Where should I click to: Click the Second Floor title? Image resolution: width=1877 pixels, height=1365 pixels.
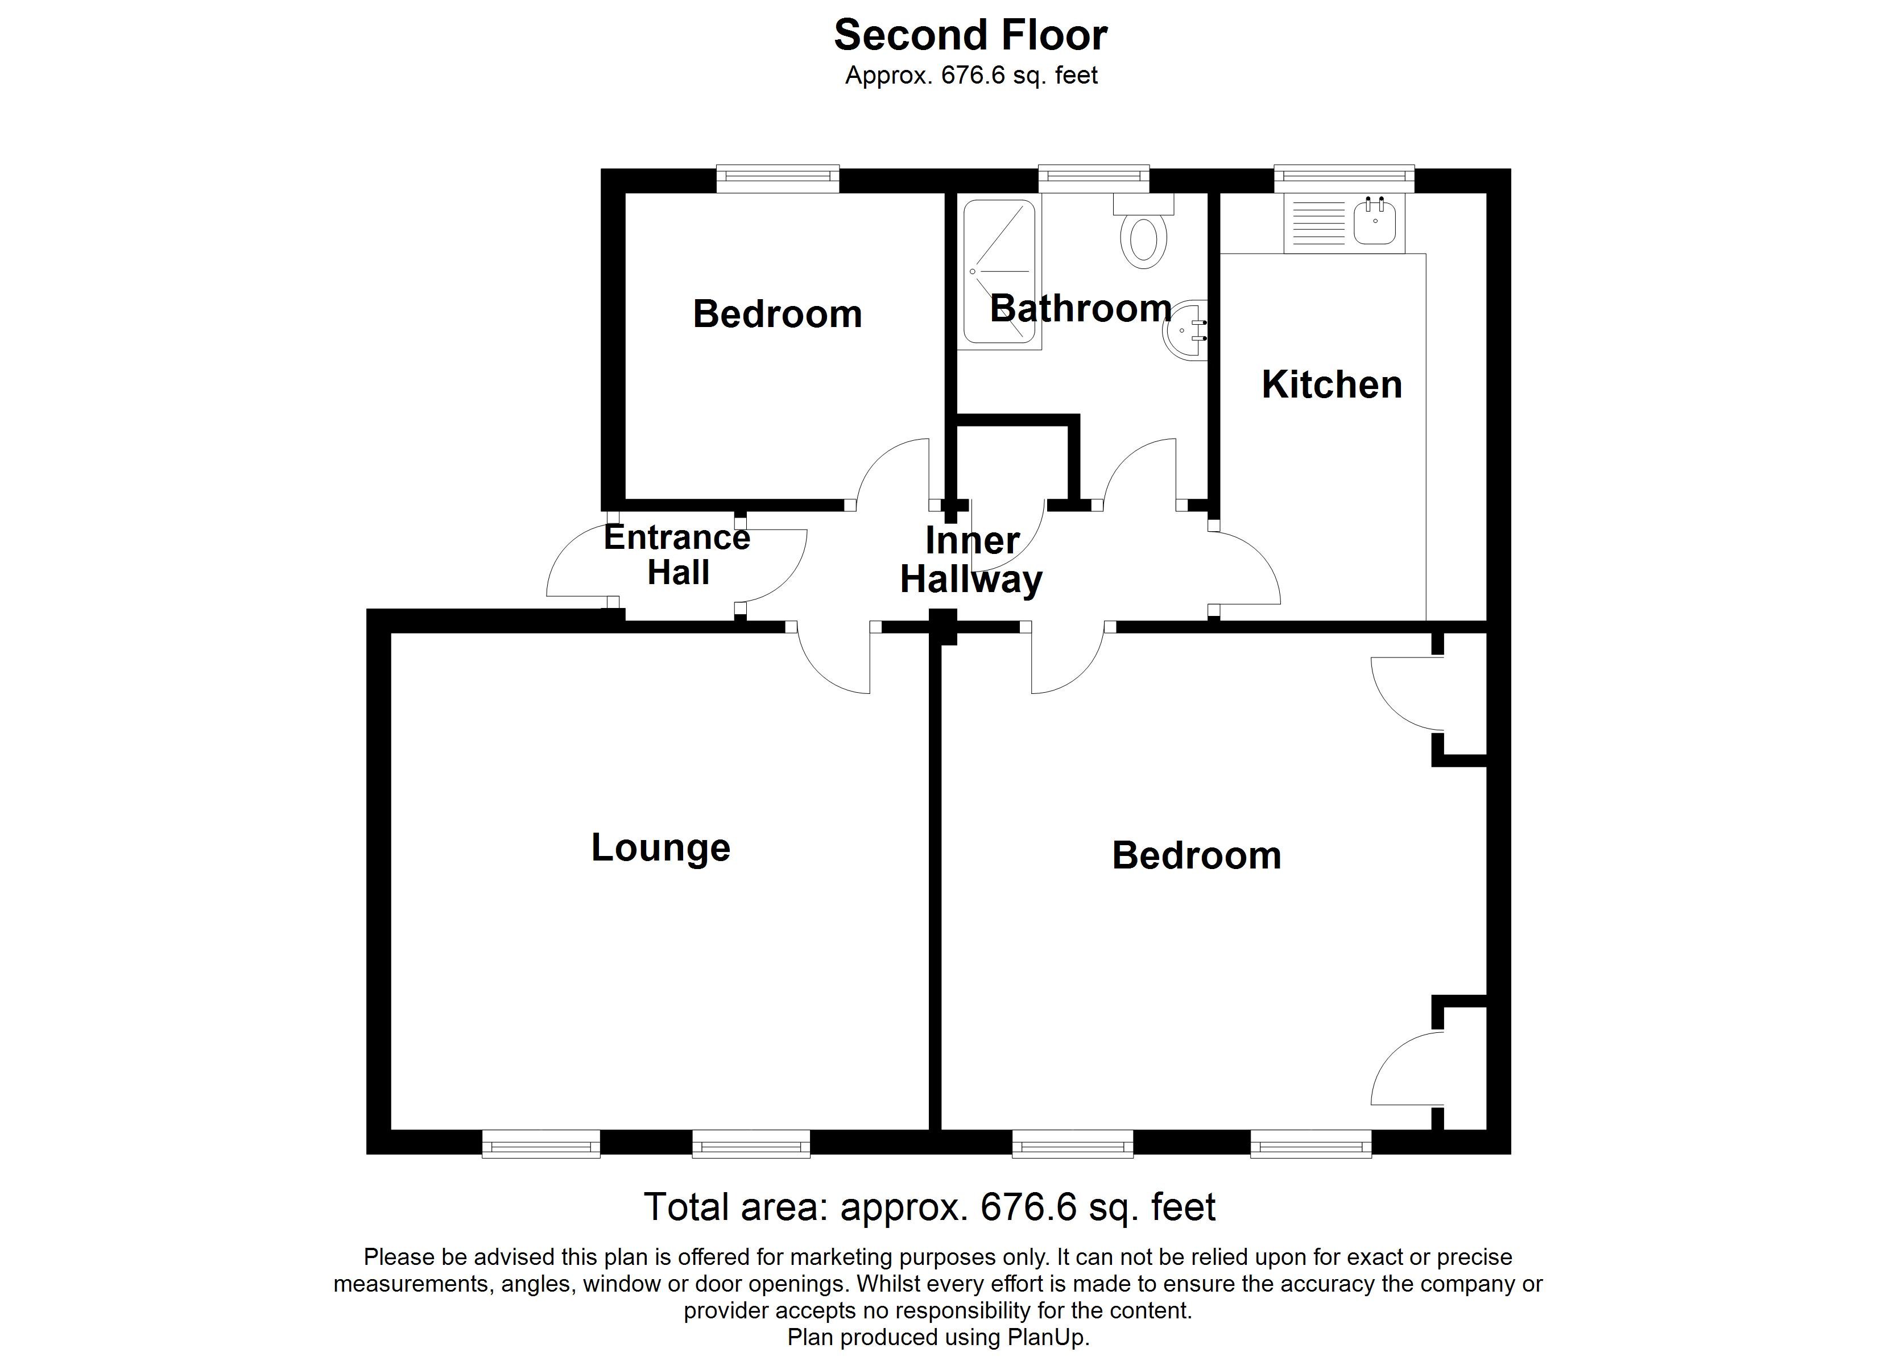970,36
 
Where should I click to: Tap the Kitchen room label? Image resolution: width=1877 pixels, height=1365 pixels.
1332,385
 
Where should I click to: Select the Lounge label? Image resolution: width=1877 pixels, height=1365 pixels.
660,847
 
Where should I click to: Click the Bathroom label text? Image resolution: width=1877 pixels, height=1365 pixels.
1080,309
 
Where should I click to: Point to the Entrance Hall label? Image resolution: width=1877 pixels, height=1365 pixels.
677,555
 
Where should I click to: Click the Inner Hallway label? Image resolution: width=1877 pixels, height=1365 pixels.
971,560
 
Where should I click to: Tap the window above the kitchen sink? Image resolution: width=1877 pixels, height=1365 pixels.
1343,176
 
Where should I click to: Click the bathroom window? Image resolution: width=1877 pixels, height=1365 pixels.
1093,176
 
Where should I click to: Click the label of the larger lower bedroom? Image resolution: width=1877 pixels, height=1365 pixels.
1196,856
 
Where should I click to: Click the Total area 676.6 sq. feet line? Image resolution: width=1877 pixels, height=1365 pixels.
929,1207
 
